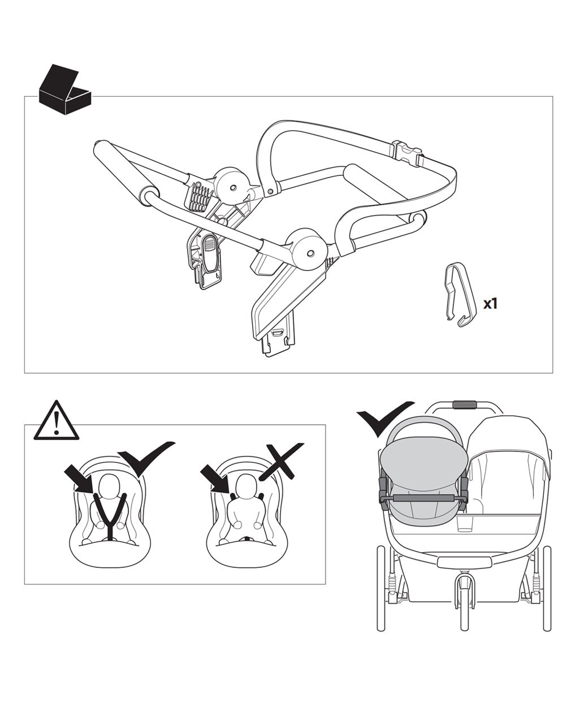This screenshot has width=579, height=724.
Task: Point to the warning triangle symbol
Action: click(x=56, y=421)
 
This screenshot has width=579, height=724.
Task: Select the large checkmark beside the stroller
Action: click(x=385, y=417)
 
